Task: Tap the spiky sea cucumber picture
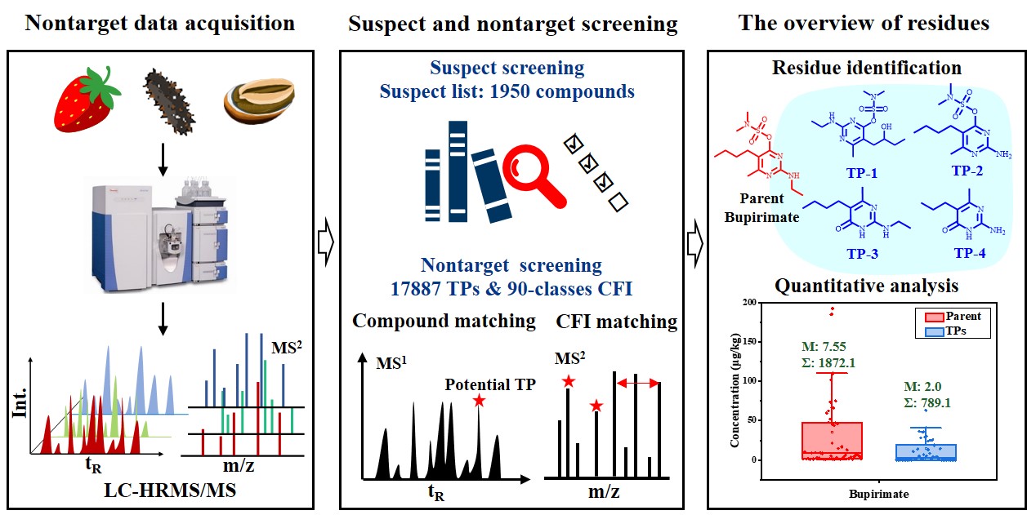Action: pos(170,102)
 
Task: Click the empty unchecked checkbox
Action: pos(618,202)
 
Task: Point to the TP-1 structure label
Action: pos(861,173)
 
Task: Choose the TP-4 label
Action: pos(970,253)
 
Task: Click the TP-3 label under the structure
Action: pos(862,253)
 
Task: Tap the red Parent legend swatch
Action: pos(934,317)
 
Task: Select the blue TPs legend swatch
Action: pos(934,331)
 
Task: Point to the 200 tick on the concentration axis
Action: pos(749,303)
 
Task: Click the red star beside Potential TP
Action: pos(479,401)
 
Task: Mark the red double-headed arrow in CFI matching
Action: pos(638,383)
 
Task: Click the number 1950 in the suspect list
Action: pos(509,91)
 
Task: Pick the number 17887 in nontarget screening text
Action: pos(415,289)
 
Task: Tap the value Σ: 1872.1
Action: pos(829,363)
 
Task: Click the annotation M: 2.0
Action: pos(922,387)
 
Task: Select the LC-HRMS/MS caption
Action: pos(170,491)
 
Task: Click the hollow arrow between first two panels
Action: pos(326,242)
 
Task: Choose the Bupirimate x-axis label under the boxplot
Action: pos(879,494)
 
